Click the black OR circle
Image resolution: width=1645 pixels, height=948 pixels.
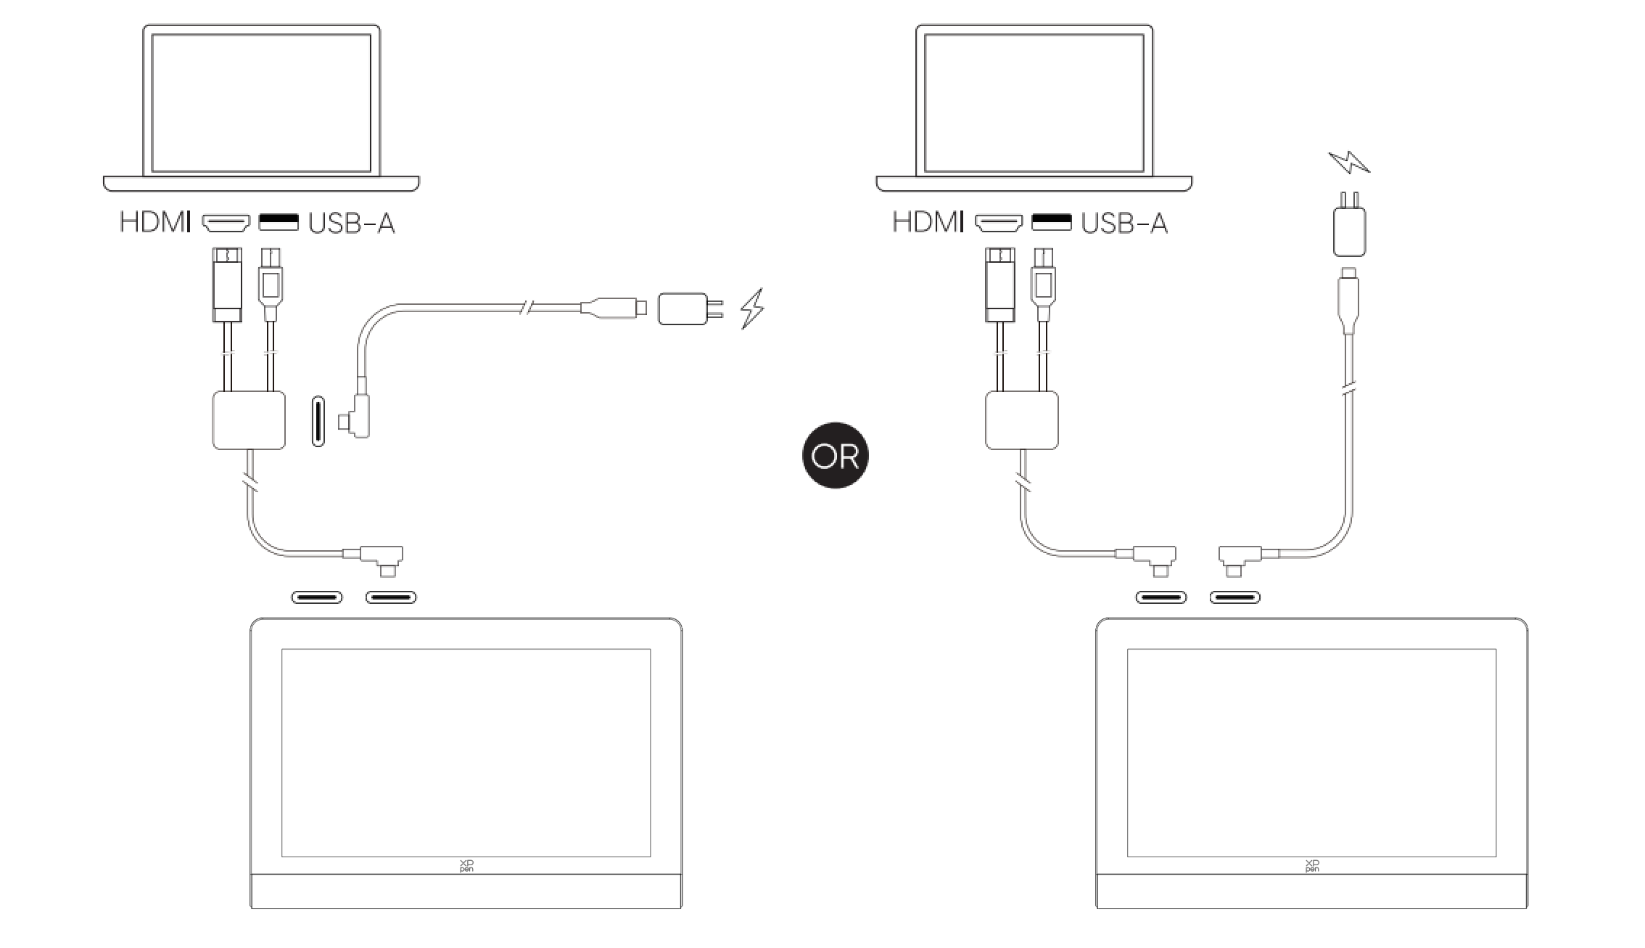point(835,455)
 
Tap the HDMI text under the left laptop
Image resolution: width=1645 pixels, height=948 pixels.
point(155,222)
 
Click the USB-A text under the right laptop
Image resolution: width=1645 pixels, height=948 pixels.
point(1124,223)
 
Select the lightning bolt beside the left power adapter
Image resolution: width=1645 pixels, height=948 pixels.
point(751,308)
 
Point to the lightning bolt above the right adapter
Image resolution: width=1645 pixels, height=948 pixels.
point(1348,162)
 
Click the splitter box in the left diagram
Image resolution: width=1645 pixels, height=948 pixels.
point(249,420)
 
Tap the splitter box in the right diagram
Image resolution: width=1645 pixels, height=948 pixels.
point(1022,420)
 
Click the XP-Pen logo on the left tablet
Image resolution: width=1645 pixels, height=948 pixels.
point(466,865)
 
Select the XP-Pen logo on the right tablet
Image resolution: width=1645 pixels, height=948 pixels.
point(1312,865)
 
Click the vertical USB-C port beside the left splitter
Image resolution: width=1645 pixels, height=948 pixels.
point(318,421)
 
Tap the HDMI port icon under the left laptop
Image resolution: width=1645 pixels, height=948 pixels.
point(226,222)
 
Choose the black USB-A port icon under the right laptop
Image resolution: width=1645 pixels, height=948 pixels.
point(1051,221)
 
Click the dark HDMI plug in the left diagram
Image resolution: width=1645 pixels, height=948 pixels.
point(227,284)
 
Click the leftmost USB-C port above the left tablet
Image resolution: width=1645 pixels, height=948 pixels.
point(317,597)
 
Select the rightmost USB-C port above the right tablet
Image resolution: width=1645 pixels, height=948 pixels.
point(1234,597)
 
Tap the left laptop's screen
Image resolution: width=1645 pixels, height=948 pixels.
point(261,102)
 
